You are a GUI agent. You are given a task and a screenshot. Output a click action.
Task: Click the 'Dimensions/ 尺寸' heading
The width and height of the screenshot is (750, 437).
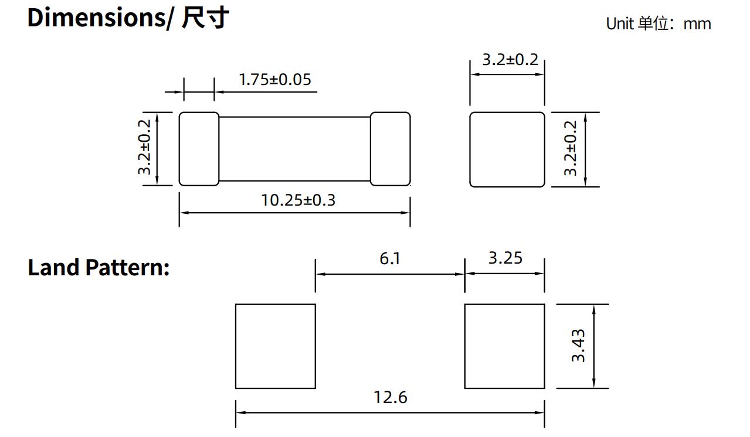coord(128,18)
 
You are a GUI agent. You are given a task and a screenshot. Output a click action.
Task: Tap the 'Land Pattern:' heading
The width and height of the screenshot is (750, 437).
coord(99,267)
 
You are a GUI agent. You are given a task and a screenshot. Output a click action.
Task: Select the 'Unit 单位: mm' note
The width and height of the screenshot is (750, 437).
coord(658,24)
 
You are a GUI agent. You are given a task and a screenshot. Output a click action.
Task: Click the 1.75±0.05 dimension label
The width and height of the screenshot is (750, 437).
coord(274,79)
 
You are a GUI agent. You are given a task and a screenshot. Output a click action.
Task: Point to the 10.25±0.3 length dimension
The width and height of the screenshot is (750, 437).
coord(298,200)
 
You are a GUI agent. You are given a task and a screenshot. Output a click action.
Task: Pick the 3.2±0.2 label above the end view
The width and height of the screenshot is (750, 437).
coord(510,60)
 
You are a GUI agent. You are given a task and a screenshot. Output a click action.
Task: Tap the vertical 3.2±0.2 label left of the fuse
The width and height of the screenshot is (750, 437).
coord(145,148)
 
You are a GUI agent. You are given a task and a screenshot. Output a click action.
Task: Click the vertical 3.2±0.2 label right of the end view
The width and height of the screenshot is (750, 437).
coord(571,148)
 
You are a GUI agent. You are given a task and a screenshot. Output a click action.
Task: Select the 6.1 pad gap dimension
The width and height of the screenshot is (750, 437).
coord(389,258)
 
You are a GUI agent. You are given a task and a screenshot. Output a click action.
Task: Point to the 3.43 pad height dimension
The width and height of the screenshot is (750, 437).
coord(578,346)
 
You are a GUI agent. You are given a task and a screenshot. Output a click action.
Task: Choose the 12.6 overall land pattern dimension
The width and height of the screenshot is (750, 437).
coord(390,397)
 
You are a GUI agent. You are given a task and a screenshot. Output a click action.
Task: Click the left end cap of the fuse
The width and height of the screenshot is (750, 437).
coord(199,149)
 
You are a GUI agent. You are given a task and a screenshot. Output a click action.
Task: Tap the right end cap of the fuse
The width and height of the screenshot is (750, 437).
coord(390,149)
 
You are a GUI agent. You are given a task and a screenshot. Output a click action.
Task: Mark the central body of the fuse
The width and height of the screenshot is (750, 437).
coord(294,149)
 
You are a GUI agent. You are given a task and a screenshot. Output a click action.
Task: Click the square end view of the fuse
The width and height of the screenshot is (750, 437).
coord(507,149)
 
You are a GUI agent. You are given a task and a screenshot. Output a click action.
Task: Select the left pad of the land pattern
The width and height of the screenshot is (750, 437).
coord(275,346)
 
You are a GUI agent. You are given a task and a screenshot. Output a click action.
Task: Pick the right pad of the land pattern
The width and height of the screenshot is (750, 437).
coord(504,346)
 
